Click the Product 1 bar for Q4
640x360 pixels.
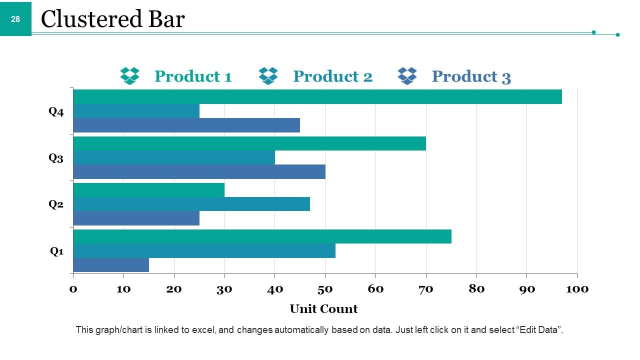click(317, 96)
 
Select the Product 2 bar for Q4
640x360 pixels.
click(136, 111)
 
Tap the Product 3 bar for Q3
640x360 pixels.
click(199, 171)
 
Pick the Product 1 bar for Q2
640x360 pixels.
click(149, 190)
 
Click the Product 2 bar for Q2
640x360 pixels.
click(191, 204)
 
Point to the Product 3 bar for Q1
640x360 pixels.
click(111, 264)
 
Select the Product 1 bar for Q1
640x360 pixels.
click(262, 236)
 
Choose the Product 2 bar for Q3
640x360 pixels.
click(174, 157)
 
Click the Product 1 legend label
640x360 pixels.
click(193, 76)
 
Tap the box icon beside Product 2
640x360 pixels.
click(268, 76)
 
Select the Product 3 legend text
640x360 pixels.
click(471, 76)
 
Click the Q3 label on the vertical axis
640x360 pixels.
click(56, 158)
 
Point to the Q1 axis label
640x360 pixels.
click(57, 251)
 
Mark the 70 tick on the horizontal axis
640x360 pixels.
click(425, 289)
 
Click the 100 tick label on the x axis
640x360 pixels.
click(577, 289)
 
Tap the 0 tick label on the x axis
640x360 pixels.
click(73, 289)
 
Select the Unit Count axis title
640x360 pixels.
click(323, 309)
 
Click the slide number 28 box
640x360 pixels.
click(15, 19)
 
